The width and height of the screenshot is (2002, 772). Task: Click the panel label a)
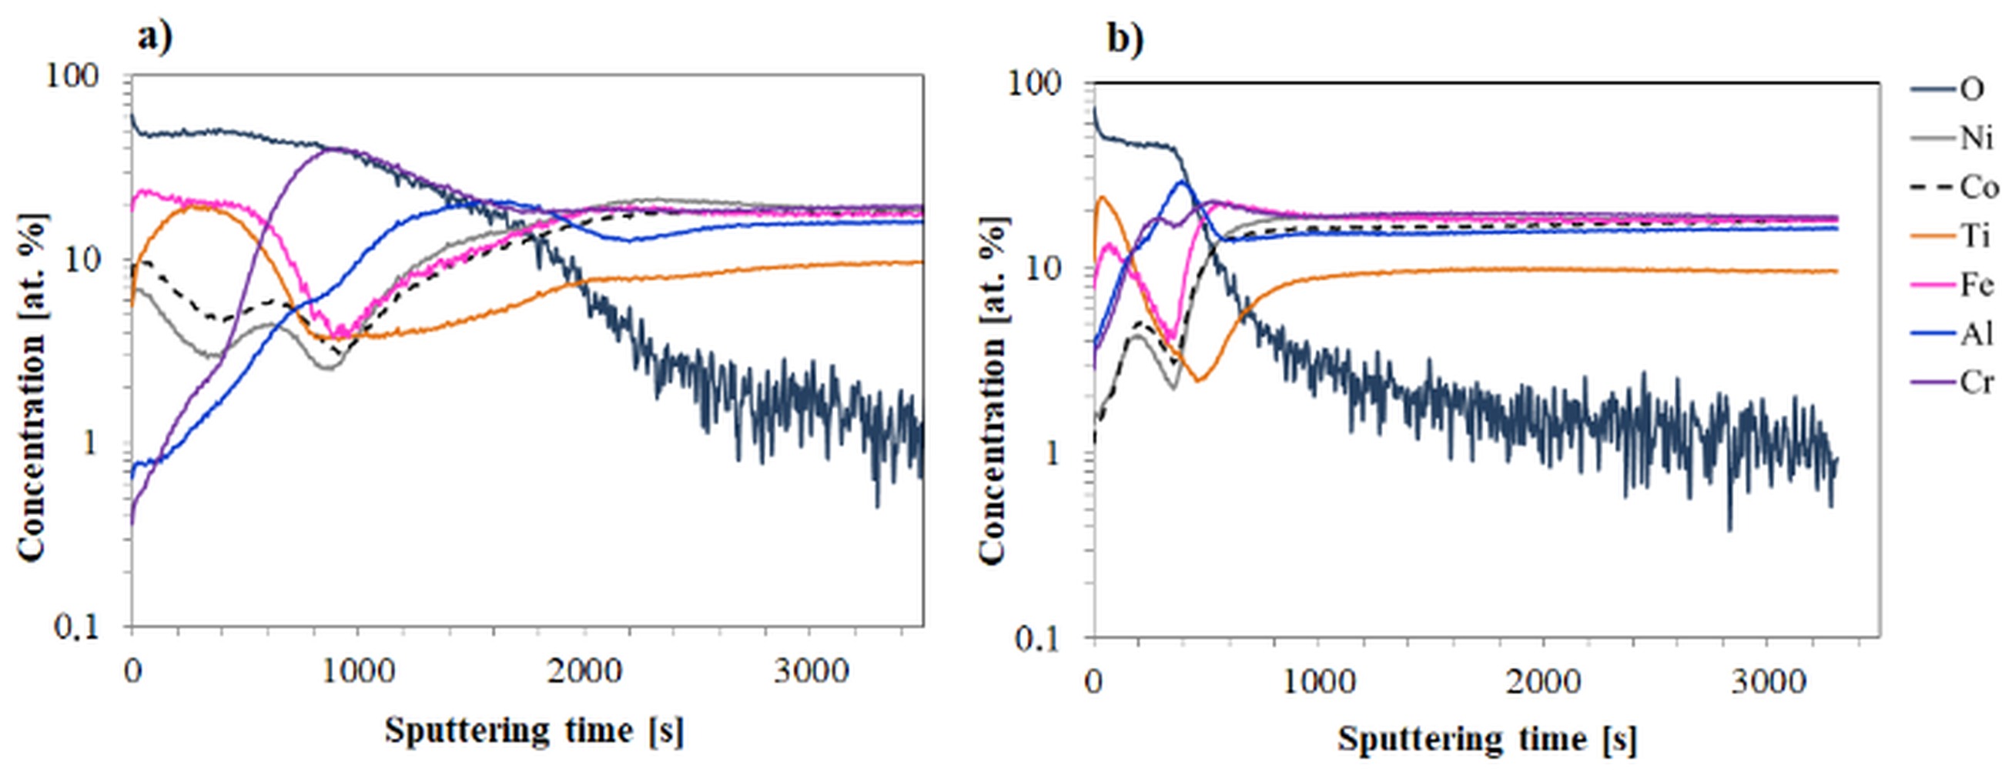pos(155,37)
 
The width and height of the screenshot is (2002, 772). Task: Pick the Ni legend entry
pos(1975,139)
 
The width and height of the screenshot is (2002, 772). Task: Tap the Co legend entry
pos(1978,187)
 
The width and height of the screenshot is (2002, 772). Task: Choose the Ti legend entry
pos(1975,236)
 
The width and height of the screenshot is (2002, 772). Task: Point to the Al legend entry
pos(1976,333)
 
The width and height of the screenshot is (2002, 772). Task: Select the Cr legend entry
pos(1976,382)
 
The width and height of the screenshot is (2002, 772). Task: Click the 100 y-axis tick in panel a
pos(74,76)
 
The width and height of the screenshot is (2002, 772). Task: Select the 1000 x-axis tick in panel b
pos(1318,683)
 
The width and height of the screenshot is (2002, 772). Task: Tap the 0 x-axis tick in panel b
pos(1094,683)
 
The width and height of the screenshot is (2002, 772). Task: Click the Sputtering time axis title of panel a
pos(534,730)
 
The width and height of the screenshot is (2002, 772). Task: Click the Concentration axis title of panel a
pos(31,386)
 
